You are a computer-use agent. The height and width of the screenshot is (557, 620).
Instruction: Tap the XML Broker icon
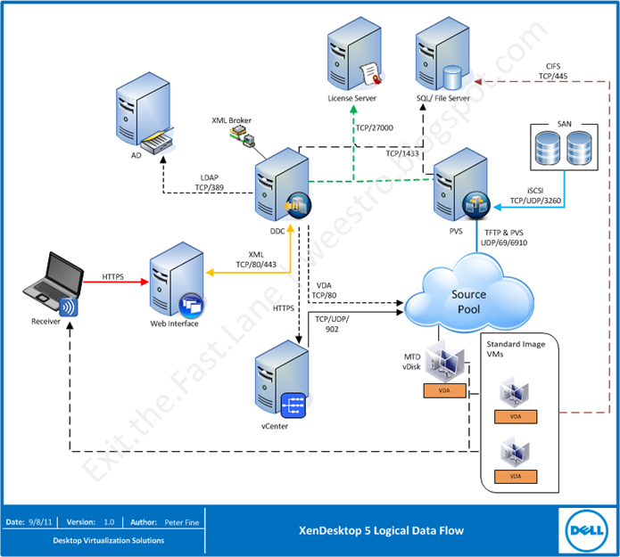click(x=242, y=135)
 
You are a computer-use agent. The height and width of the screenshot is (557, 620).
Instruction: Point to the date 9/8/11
click(x=42, y=521)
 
